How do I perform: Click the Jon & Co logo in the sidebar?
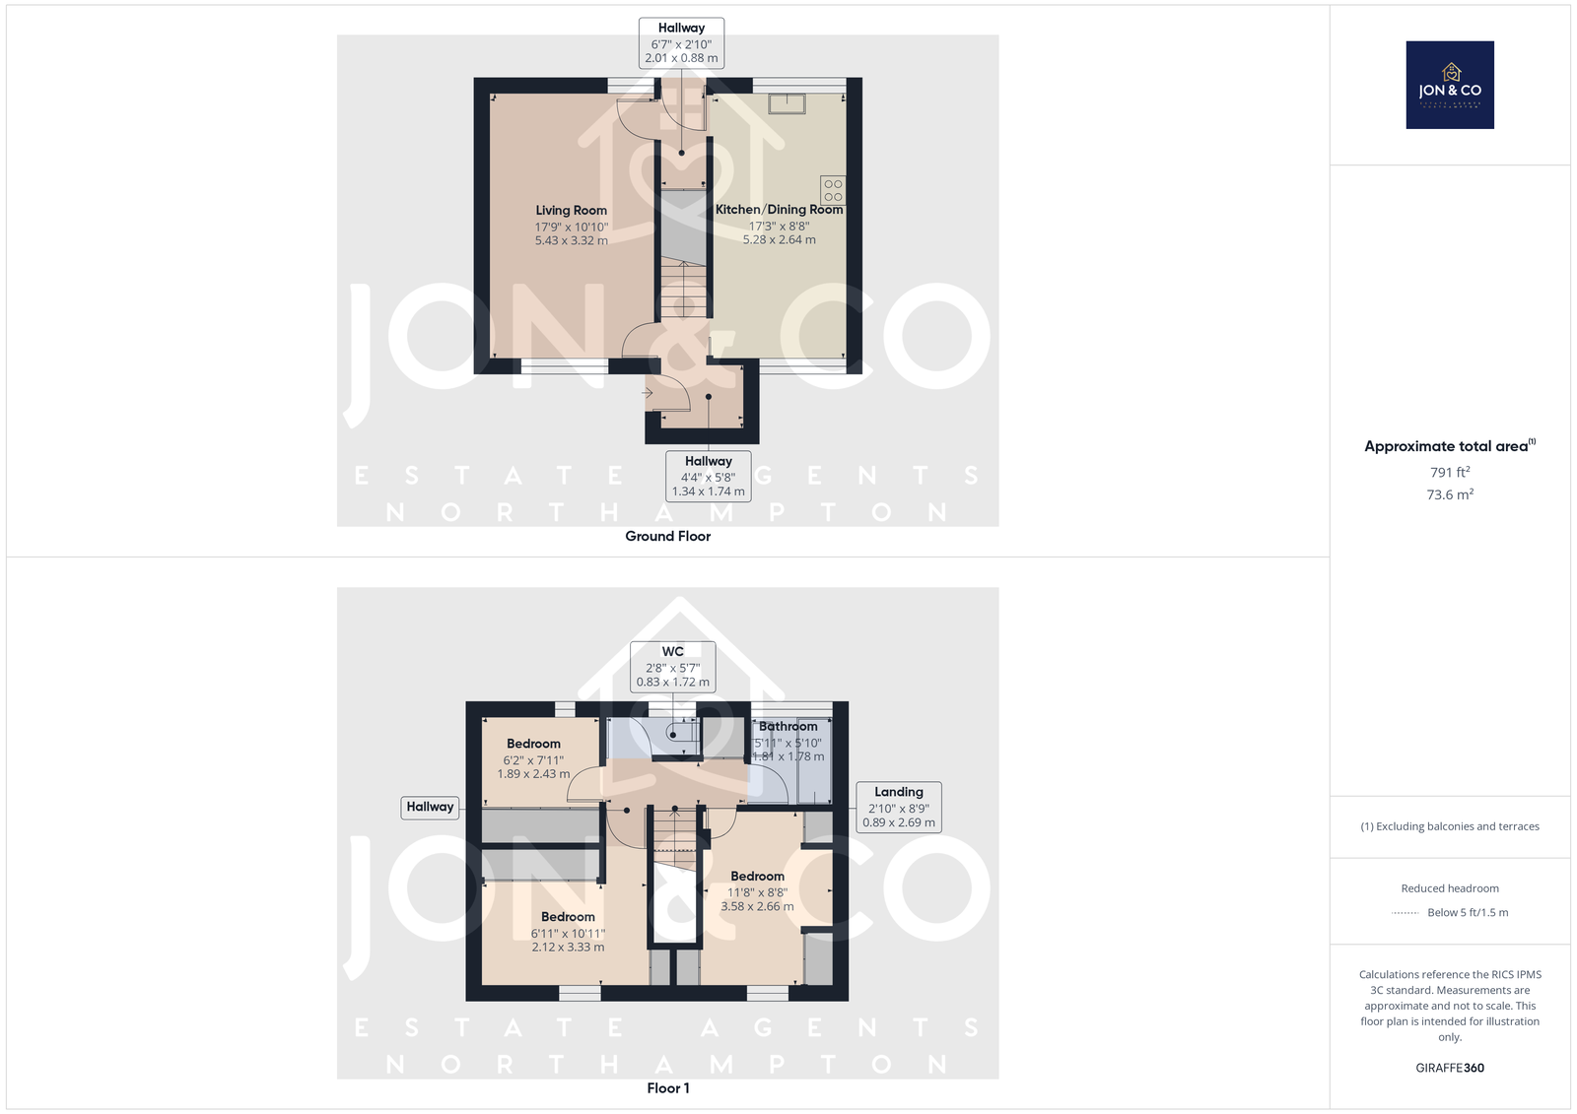click(1450, 85)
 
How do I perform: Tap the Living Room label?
click(571, 210)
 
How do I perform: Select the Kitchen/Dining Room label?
click(779, 209)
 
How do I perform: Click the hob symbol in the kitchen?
click(833, 190)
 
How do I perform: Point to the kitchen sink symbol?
click(788, 104)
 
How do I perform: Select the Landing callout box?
click(899, 807)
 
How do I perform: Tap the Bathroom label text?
click(788, 726)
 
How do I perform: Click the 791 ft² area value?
click(1450, 472)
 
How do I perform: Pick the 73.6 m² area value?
click(1450, 494)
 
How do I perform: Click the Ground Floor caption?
click(667, 536)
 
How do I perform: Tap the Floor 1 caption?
click(667, 1088)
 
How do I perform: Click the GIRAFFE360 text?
click(1450, 1068)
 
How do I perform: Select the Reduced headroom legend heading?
click(1450, 888)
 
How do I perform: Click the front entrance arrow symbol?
click(647, 393)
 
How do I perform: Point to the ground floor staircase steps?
click(683, 289)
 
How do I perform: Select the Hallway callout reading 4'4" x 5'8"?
click(709, 477)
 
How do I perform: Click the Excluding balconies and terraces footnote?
click(1450, 826)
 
